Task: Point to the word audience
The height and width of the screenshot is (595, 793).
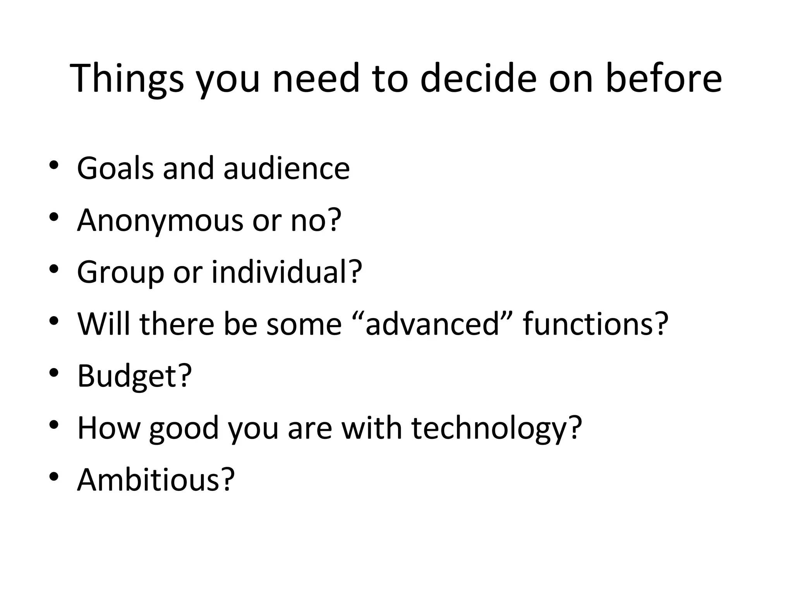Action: coord(287,168)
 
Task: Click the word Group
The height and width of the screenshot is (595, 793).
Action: coord(120,273)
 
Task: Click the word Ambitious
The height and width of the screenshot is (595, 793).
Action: coord(149,480)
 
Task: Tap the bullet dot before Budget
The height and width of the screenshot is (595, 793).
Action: coord(54,373)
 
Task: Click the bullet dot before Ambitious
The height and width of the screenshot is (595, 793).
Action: coord(54,476)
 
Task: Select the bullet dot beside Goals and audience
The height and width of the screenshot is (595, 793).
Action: coord(54,165)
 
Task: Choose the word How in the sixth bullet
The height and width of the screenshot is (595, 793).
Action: coord(109,428)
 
